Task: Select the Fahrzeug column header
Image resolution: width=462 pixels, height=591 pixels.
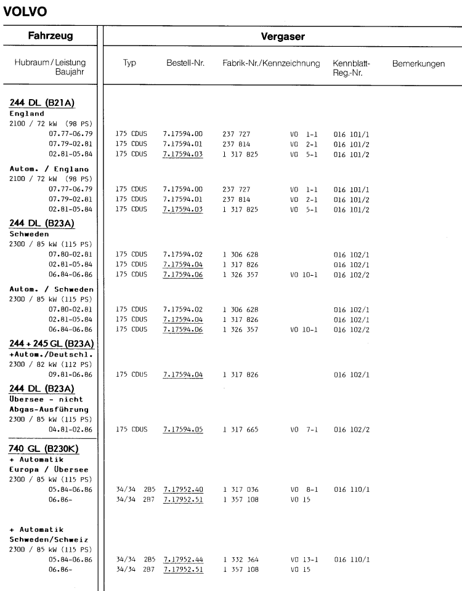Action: [x=48, y=36]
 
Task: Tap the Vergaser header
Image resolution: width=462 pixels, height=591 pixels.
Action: [x=280, y=37]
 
